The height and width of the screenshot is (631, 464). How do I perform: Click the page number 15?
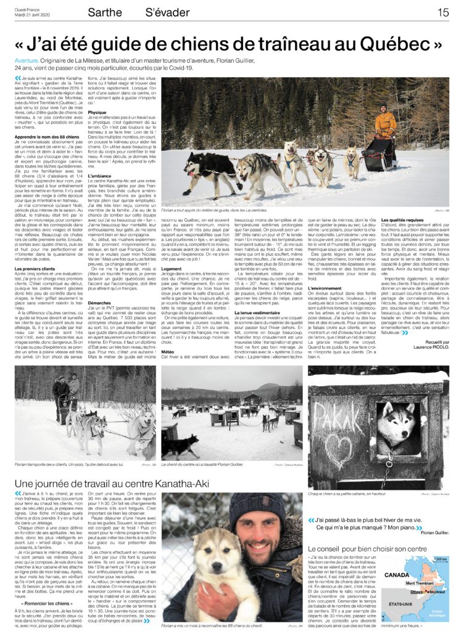(x=443, y=12)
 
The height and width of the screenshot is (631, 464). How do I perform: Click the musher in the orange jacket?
(x=386, y=121)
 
